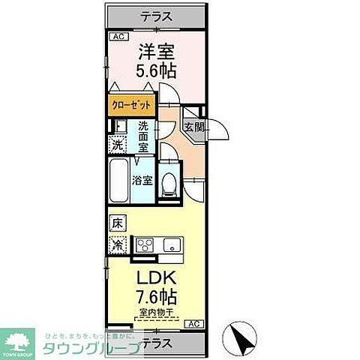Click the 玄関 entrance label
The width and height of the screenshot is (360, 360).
(x=193, y=127)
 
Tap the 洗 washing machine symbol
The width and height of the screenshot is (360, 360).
(x=118, y=145)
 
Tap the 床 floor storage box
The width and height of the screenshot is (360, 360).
(x=117, y=223)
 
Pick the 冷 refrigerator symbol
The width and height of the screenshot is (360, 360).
(x=118, y=244)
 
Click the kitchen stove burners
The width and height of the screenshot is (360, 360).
(x=144, y=244)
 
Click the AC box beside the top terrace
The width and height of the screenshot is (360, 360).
(x=118, y=36)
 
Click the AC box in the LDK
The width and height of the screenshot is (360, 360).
(x=193, y=323)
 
